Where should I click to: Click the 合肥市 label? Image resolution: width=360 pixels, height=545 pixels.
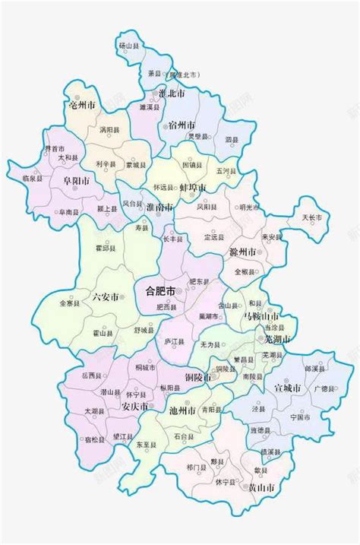click(x=160, y=291)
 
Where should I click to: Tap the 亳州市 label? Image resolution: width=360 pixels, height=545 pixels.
click(x=81, y=104)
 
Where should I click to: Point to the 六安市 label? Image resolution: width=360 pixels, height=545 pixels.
click(x=105, y=297)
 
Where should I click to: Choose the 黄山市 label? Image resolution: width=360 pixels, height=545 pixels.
click(x=261, y=486)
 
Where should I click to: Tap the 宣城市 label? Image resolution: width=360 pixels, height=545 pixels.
click(x=289, y=388)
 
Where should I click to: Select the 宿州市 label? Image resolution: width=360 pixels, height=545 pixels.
click(x=181, y=125)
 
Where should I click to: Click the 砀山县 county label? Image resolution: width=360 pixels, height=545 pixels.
click(x=126, y=46)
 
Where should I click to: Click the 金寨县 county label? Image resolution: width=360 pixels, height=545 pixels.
click(x=68, y=303)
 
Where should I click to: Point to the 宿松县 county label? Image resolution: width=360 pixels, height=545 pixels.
click(x=95, y=439)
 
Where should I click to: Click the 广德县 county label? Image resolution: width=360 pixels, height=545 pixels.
click(x=324, y=388)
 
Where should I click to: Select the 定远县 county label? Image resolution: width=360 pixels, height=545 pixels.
click(x=216, y=236)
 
